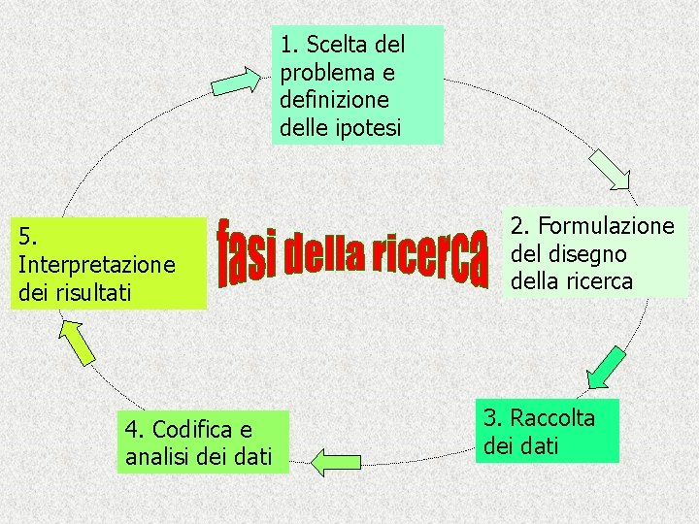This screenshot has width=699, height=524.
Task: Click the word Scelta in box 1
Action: click(335, 45)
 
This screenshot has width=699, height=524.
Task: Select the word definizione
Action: click(333, 99)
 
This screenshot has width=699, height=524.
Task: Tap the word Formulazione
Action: click(606, 226)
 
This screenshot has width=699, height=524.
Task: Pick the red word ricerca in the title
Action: click(432, 255)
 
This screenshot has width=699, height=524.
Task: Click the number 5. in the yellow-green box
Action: click(27, 236)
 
